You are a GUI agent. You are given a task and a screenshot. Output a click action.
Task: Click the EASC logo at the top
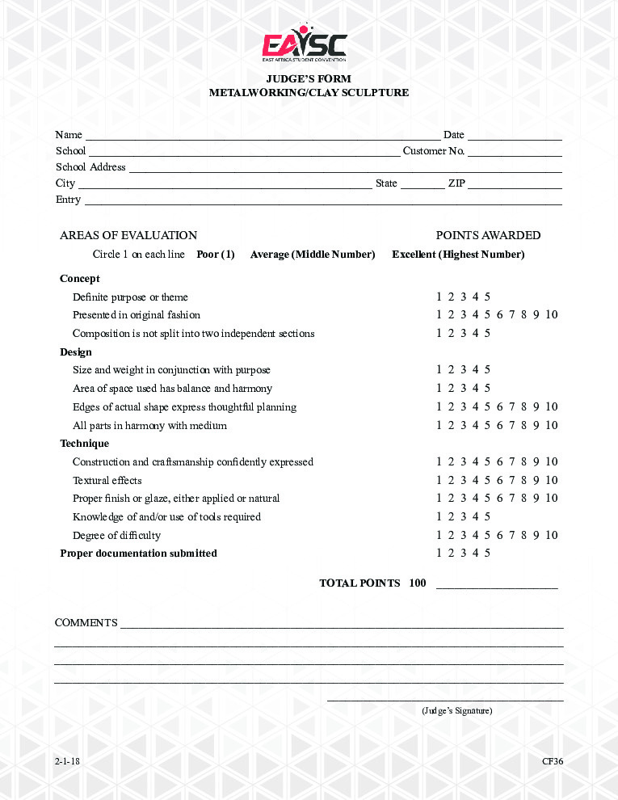click(x=304, y=47)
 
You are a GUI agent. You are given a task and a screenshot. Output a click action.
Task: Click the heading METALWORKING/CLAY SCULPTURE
click(x=309, y=93)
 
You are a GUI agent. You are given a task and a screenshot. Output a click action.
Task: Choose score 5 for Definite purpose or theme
click(x=487, y=297)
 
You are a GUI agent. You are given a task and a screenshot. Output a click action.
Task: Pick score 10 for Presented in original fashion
click(x=551, y=315)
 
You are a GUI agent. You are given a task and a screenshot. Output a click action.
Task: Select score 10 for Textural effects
click(x=551, y=480)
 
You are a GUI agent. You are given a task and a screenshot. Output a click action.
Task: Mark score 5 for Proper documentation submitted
click(x=487, y=554)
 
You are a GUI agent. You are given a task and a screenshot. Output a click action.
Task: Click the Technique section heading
click(x=84, y=444)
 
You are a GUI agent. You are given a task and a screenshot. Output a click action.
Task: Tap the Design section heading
click(x=76, y=352)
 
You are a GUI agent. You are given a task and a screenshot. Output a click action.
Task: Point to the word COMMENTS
click(x=86, y=623)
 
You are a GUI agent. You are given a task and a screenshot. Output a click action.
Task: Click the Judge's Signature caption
click(x=456, y=711)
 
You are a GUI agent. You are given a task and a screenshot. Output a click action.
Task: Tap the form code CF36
click(x=553, y=762)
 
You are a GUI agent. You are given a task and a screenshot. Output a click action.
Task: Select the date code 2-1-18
click(x=68, y=762)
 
